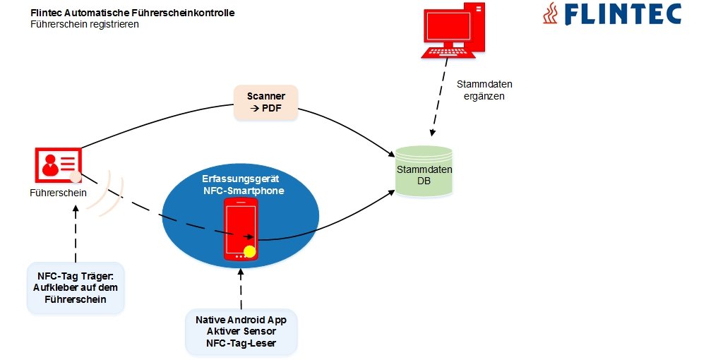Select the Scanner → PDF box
point(265,102)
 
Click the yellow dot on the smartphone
point(249,251)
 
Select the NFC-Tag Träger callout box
point(76,287)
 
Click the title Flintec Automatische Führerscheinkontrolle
point(133,13)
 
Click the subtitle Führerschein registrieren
point(85,24)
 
